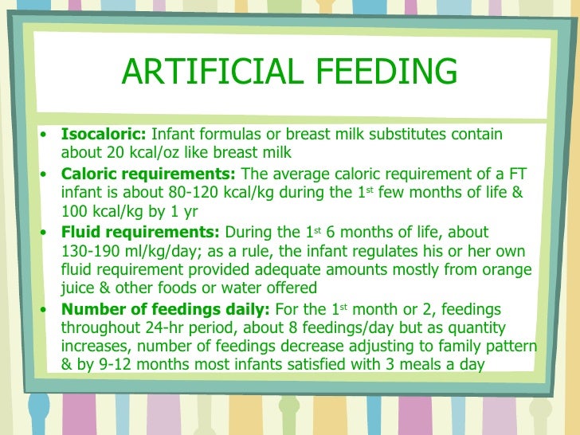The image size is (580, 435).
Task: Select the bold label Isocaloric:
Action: [104, 135]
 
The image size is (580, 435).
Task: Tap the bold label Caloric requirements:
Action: [148, 174]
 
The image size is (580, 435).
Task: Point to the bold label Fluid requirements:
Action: [141, 232]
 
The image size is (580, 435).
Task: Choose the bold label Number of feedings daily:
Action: [166, 308]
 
